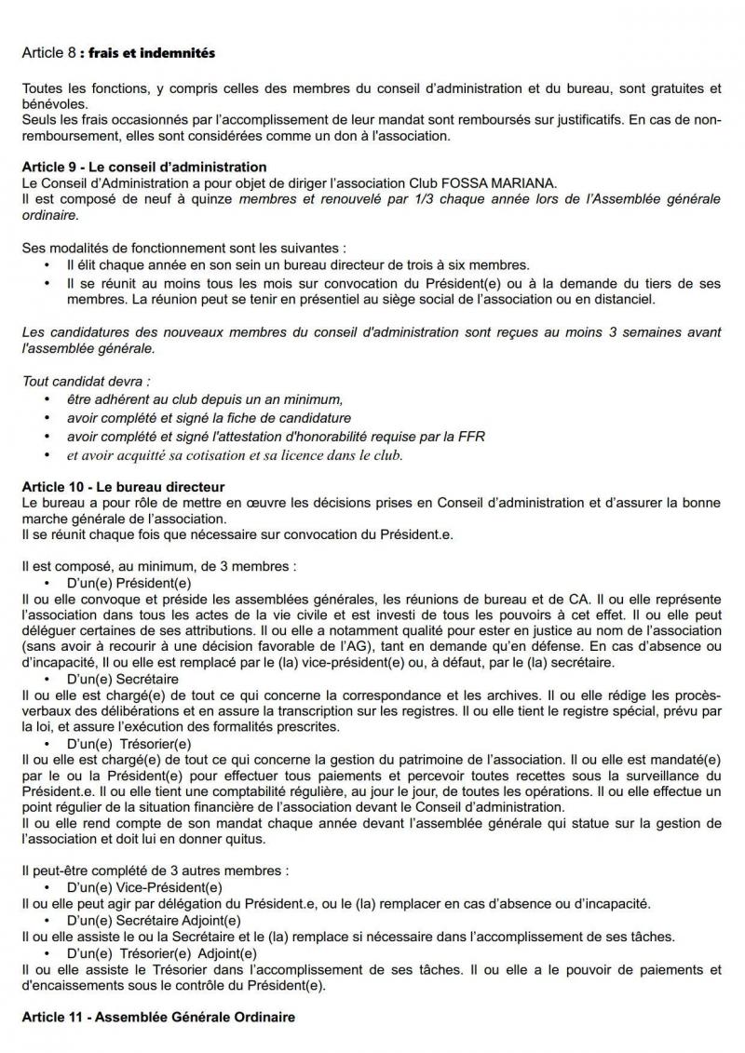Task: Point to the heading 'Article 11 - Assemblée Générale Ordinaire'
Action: (x=158, y=1018)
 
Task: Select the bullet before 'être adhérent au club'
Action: (x=47, y=398)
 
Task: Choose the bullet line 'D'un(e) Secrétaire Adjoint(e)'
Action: (x=149, y=920)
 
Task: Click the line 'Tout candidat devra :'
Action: (x=86, y=382)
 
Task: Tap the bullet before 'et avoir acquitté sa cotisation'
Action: (x=47, y=456)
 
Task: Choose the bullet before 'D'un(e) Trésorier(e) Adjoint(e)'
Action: (x=47, y=954)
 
